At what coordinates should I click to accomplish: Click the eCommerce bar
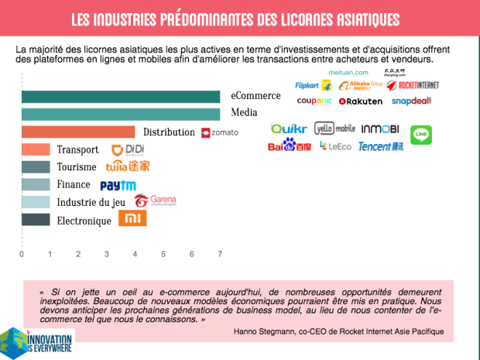(120, 97)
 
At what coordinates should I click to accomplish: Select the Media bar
(120, 115)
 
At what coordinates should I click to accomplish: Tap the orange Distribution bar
(77, 132)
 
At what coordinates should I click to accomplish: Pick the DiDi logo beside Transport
(128, 150)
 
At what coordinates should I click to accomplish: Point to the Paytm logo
(118, 185)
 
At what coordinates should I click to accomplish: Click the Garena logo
(155, 201)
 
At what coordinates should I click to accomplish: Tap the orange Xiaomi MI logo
(132, 220)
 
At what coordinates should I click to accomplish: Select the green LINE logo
(420, 134)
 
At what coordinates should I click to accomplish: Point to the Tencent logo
(380, 146)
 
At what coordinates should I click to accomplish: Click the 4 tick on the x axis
(135, 254)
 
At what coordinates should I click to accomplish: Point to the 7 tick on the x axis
(220, 254)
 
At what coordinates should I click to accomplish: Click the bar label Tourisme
(77, 167)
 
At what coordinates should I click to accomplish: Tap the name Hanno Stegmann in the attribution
(264, 332)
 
